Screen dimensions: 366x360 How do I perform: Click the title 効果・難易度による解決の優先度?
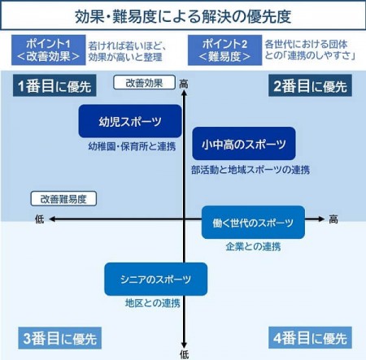pos(183,16)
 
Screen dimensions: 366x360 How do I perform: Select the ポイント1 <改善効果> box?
pos(49,50)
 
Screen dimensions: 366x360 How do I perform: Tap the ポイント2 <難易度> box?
pos(224,50)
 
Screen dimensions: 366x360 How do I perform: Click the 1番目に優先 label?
pos(54,86)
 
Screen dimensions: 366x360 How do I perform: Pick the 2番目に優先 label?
pos(310,86)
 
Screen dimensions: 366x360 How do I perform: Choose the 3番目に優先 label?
pos(59,338)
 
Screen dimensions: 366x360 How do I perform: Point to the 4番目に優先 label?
pos(310,338)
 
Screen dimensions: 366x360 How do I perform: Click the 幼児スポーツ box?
pos(130,121)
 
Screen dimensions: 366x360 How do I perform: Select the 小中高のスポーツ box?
pos(244,144)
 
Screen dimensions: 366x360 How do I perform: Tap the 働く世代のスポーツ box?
pos(253,223)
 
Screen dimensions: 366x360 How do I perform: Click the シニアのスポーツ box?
pos(156,279)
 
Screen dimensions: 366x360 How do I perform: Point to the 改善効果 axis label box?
pos(144,83)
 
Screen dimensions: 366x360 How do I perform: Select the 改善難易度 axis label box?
pos(63,199)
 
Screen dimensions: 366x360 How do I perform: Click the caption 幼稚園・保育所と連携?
pos(132,146)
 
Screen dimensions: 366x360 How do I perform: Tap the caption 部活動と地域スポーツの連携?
pos(251,170)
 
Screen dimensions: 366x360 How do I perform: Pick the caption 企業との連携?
pos(253,246)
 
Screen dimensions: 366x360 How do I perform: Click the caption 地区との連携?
pos(153,303)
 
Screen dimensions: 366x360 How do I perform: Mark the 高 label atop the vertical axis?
pos(184,84)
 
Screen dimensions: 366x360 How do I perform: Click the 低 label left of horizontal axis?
pos(40,219)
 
